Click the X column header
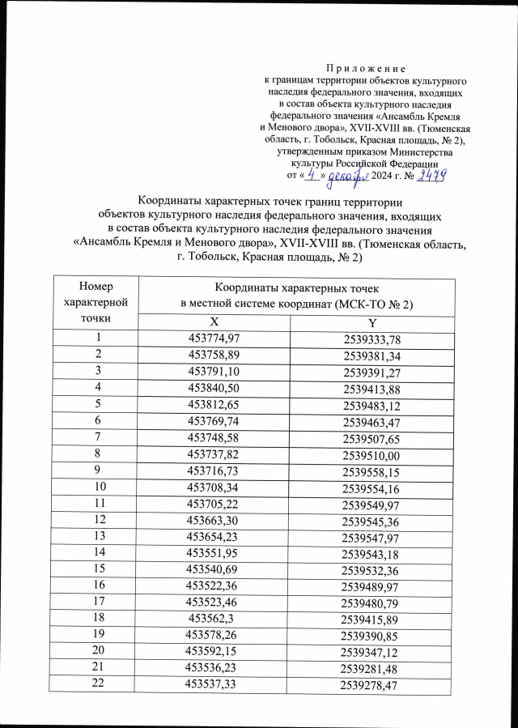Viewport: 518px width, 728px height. (x=214, y=322)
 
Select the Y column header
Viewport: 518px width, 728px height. (x=372, y=323)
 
